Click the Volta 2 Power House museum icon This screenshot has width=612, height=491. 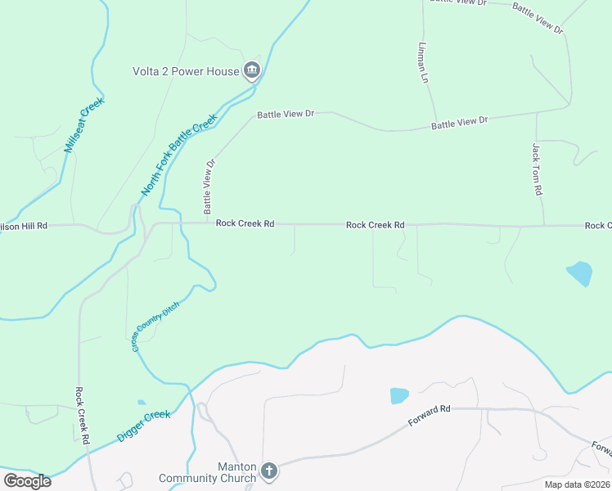coord(252,71)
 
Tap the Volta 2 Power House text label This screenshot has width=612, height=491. coord(186,71)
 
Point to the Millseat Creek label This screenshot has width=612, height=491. coord(80,128)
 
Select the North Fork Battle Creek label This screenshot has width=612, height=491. coord(179,155)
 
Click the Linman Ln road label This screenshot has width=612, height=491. coord(423,63)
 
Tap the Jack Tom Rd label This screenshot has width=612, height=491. coord(537,169)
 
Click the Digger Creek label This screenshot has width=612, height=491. coord(143,426)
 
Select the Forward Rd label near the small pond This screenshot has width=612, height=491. coord(430,416)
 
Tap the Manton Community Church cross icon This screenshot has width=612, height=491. coord(269,471)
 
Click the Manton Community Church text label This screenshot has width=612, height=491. coord(208,472)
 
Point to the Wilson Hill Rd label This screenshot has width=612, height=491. coord(25,225)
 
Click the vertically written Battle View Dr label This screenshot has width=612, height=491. coord(209,187)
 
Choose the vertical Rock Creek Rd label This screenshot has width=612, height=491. coord(81,415)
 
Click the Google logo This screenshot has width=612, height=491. coord(27,481)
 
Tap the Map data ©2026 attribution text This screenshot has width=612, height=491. coord(565,484)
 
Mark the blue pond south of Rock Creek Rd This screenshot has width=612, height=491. coord(578,273)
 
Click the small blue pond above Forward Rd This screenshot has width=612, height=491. coord(399,396)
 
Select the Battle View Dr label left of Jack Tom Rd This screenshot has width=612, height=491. coord(459,122)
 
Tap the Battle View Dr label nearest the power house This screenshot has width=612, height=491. coord(286,115)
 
